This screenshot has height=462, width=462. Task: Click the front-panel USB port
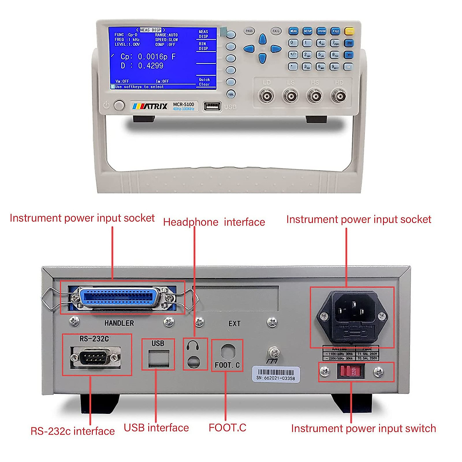[x=212, y=106]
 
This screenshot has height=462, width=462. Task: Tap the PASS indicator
[x=249, y=31]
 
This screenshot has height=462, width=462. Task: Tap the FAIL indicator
[x=276, y=31]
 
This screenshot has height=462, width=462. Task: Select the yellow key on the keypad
[x=349, y=31]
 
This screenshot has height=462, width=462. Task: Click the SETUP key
[x=307, y=31]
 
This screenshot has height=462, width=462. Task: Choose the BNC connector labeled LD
[x=266, y=96]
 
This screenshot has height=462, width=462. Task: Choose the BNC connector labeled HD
[x=339, y=96]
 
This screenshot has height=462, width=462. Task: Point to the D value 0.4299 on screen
[x=151, y=66]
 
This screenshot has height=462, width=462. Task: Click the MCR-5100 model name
[x=184, y=104]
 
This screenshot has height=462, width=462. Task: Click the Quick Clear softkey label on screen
[x=204, y=82]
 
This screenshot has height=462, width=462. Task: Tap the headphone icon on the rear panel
[x=192, y=345]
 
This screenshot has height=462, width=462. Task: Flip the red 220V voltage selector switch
[x=350, y=372]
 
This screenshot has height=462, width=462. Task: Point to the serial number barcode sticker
[x=276, y=374]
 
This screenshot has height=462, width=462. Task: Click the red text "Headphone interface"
[x=214, y=222]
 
